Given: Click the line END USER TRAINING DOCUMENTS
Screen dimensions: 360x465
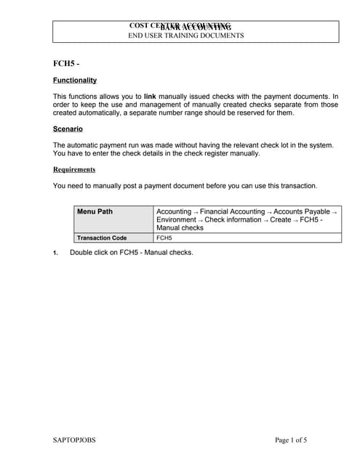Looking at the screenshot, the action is click(x=186, y=35).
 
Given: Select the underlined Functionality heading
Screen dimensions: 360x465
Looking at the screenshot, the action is click(x=75, y=80).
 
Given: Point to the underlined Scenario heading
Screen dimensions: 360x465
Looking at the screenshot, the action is click(x=68, y=129).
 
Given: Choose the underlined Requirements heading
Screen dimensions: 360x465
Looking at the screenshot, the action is click(x=74, y=169).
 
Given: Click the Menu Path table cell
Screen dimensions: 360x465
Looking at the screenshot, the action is click(x=95, y=211).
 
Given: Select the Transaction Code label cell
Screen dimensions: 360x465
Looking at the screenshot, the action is click(x=102, y=238).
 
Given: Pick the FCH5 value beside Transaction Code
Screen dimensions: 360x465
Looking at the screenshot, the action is click(x=164, y=238).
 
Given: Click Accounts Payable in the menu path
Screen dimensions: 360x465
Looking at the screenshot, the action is click(x=301, y=211).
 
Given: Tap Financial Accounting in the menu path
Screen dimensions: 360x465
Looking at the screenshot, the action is click(x=232, y=211).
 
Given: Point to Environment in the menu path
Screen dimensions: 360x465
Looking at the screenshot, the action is click(x=175, y=219).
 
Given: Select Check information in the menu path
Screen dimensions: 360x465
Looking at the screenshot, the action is click(x=233, y=219).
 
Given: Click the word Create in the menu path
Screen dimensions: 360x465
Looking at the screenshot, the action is click(x=280, y=219).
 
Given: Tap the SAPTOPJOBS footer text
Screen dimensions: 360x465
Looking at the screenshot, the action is click(x=74, y=440).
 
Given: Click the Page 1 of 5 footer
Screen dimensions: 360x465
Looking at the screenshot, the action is click(x=291, y=440).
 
